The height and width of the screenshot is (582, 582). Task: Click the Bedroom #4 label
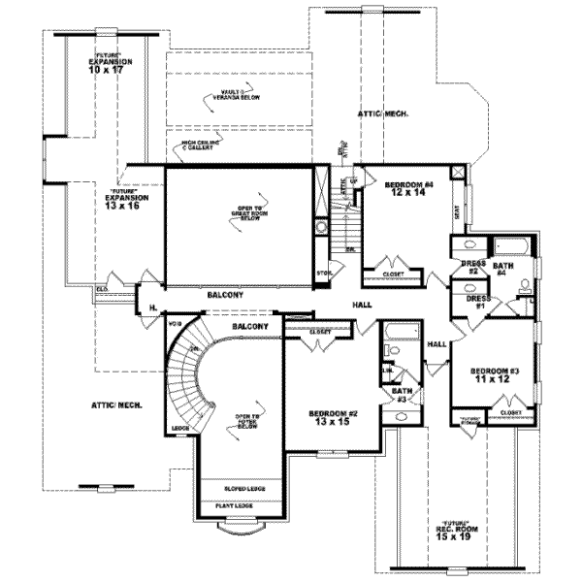click(406, 189)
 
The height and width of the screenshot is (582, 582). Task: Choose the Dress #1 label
click(475, 303)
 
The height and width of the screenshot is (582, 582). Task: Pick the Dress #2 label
click(471, 266)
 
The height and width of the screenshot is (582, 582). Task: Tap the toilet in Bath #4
click(526, 285)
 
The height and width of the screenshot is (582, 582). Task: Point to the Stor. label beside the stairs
click(323, 275)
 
